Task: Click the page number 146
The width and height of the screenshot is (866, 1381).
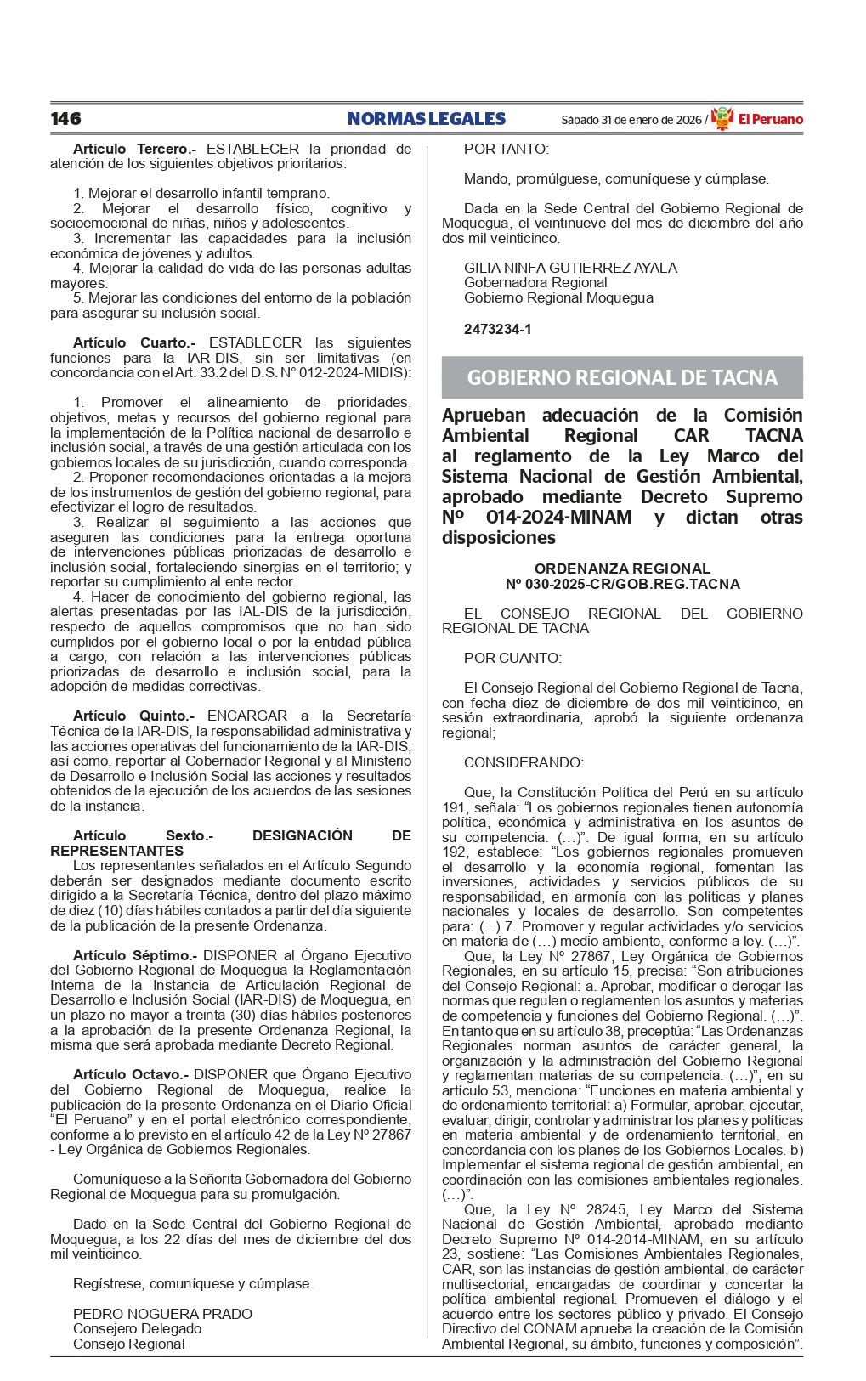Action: click(65, 119)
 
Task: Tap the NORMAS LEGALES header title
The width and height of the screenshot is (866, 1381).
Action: click(426, 119)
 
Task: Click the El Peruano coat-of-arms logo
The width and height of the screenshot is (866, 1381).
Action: click(722, 119)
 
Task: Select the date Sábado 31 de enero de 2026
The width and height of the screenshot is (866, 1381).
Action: click(631, 120)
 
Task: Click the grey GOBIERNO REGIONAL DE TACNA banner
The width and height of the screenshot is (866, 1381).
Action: click(622, 377)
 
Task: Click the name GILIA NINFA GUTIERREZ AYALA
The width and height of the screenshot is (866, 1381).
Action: click(570, 268)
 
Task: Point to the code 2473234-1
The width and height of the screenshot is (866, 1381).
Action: click(497, 329)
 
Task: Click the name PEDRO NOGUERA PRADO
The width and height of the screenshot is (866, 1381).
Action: click(162, 1314)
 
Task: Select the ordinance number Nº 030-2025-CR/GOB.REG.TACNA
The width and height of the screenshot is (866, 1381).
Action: click(622, 584)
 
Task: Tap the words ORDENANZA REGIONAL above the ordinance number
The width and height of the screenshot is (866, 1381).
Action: click(622, 569)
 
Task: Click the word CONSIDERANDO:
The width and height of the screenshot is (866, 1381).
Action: click(524, 762)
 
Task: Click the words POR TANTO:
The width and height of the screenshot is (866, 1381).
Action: click(507, 149)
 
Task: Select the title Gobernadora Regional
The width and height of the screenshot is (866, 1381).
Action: click(535, 282)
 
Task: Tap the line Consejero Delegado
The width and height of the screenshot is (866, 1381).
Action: click(138, 1328)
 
